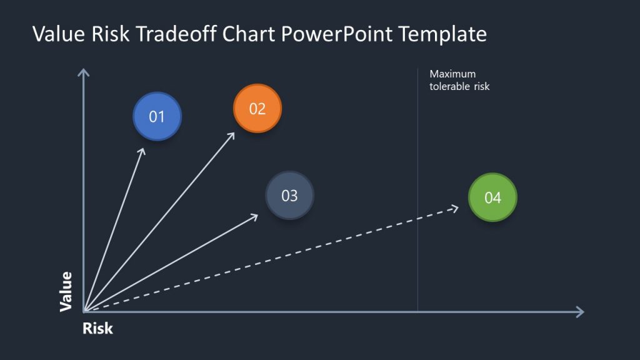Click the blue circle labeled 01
coord(157,117)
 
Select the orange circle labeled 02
coord(257,109)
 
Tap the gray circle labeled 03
coord(289,196)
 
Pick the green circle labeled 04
coord(492,197)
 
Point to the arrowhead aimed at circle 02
coord(232,134)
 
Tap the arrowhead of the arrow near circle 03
coord(255,216)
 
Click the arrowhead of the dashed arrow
coord(456,208)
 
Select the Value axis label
coord(66,291)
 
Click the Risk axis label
coord(97,328)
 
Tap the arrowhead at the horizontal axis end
coord(580,312)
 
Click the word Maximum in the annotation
coord(452,74)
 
